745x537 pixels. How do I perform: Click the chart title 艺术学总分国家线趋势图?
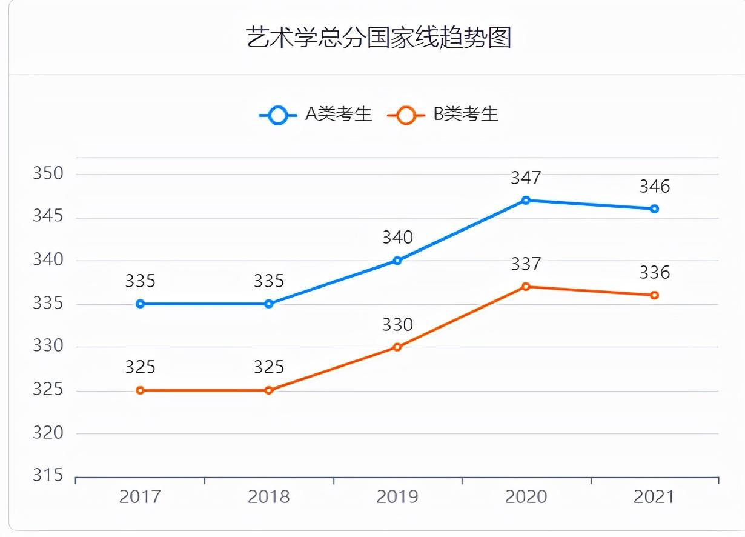pos(379,38)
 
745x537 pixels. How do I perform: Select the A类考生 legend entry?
pos(316,114)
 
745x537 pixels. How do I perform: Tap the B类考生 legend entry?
pos(443,114)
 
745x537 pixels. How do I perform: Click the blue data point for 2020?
pos(526,200)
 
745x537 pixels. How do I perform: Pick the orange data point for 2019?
pos(397,347)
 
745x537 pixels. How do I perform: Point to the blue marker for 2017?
pos(141,304)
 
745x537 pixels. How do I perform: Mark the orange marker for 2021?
pos(654,295)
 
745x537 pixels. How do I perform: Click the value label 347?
pos(526,178)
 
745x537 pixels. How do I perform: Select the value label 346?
pos(654,186)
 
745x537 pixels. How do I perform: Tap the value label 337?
pos(526,264)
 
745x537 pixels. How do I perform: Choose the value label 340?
pos(397,238)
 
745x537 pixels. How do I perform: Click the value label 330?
pos(397,325)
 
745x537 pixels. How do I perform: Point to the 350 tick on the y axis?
pos(48,173)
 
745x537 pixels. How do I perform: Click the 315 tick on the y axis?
pos(48,476)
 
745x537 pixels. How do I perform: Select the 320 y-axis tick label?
pos(48,433)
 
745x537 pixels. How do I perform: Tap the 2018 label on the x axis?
pos(269,497)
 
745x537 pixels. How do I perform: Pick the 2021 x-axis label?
pos(654,497)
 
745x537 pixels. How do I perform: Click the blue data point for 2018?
pos(269,304)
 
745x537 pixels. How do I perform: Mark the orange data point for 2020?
pos(526,286)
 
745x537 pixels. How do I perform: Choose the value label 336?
pos(654,273)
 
